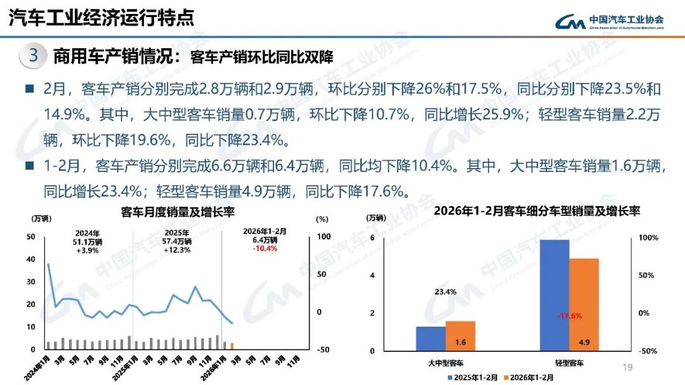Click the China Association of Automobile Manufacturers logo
[x=610, y=22]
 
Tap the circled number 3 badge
[x=34, y=56]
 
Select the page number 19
[x=628, y=367]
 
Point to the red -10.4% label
[x=264, y=248]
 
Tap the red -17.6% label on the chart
[x=570, y=315]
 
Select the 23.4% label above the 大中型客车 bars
[x=445, y=292]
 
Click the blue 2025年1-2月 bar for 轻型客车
[x=554, y=295]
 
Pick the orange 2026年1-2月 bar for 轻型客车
[x=584, y=304]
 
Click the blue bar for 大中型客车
[x=431, y=338]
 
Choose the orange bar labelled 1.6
[x=460, y=336]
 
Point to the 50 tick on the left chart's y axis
[x=30, y=237]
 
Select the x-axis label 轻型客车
[x=569, y=363]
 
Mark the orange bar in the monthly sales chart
[x=232, y=346]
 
